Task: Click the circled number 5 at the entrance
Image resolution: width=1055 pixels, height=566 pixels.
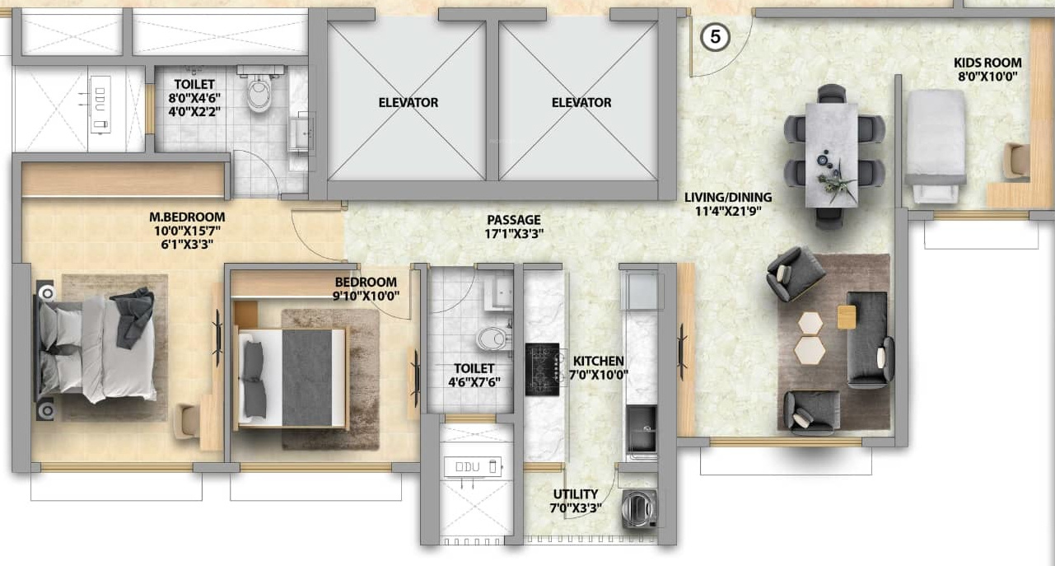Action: tap(715, 36)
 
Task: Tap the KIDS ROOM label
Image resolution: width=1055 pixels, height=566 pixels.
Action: tap(987, 63)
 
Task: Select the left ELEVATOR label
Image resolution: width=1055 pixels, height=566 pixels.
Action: tap(408, 102)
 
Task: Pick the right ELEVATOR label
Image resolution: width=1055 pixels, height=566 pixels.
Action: tap(581, 102)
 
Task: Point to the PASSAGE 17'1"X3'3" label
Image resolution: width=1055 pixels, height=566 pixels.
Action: tap(514, 227)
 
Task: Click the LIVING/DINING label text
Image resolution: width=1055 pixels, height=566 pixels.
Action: tap(728, 197)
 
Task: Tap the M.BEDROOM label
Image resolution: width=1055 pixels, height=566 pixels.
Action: tap(187, 217)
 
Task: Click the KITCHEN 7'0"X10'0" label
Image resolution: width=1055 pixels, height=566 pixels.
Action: tap(599, 368)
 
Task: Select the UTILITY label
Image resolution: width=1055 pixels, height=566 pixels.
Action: tap(576, 493)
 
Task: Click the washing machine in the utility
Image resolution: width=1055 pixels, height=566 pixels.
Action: tap(640, 509)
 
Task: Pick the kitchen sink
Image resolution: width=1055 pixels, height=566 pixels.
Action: tap(642, 429)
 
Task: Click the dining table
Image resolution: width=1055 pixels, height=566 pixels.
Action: tap(831, 154)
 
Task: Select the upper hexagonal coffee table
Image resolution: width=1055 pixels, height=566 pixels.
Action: tap(810, 324)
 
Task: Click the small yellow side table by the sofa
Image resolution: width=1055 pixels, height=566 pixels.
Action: tap(847, 317)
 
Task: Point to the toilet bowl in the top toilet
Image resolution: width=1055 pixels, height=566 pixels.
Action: tap(259, 93)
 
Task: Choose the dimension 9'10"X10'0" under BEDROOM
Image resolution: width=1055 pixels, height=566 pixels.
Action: tap(366, 296)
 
